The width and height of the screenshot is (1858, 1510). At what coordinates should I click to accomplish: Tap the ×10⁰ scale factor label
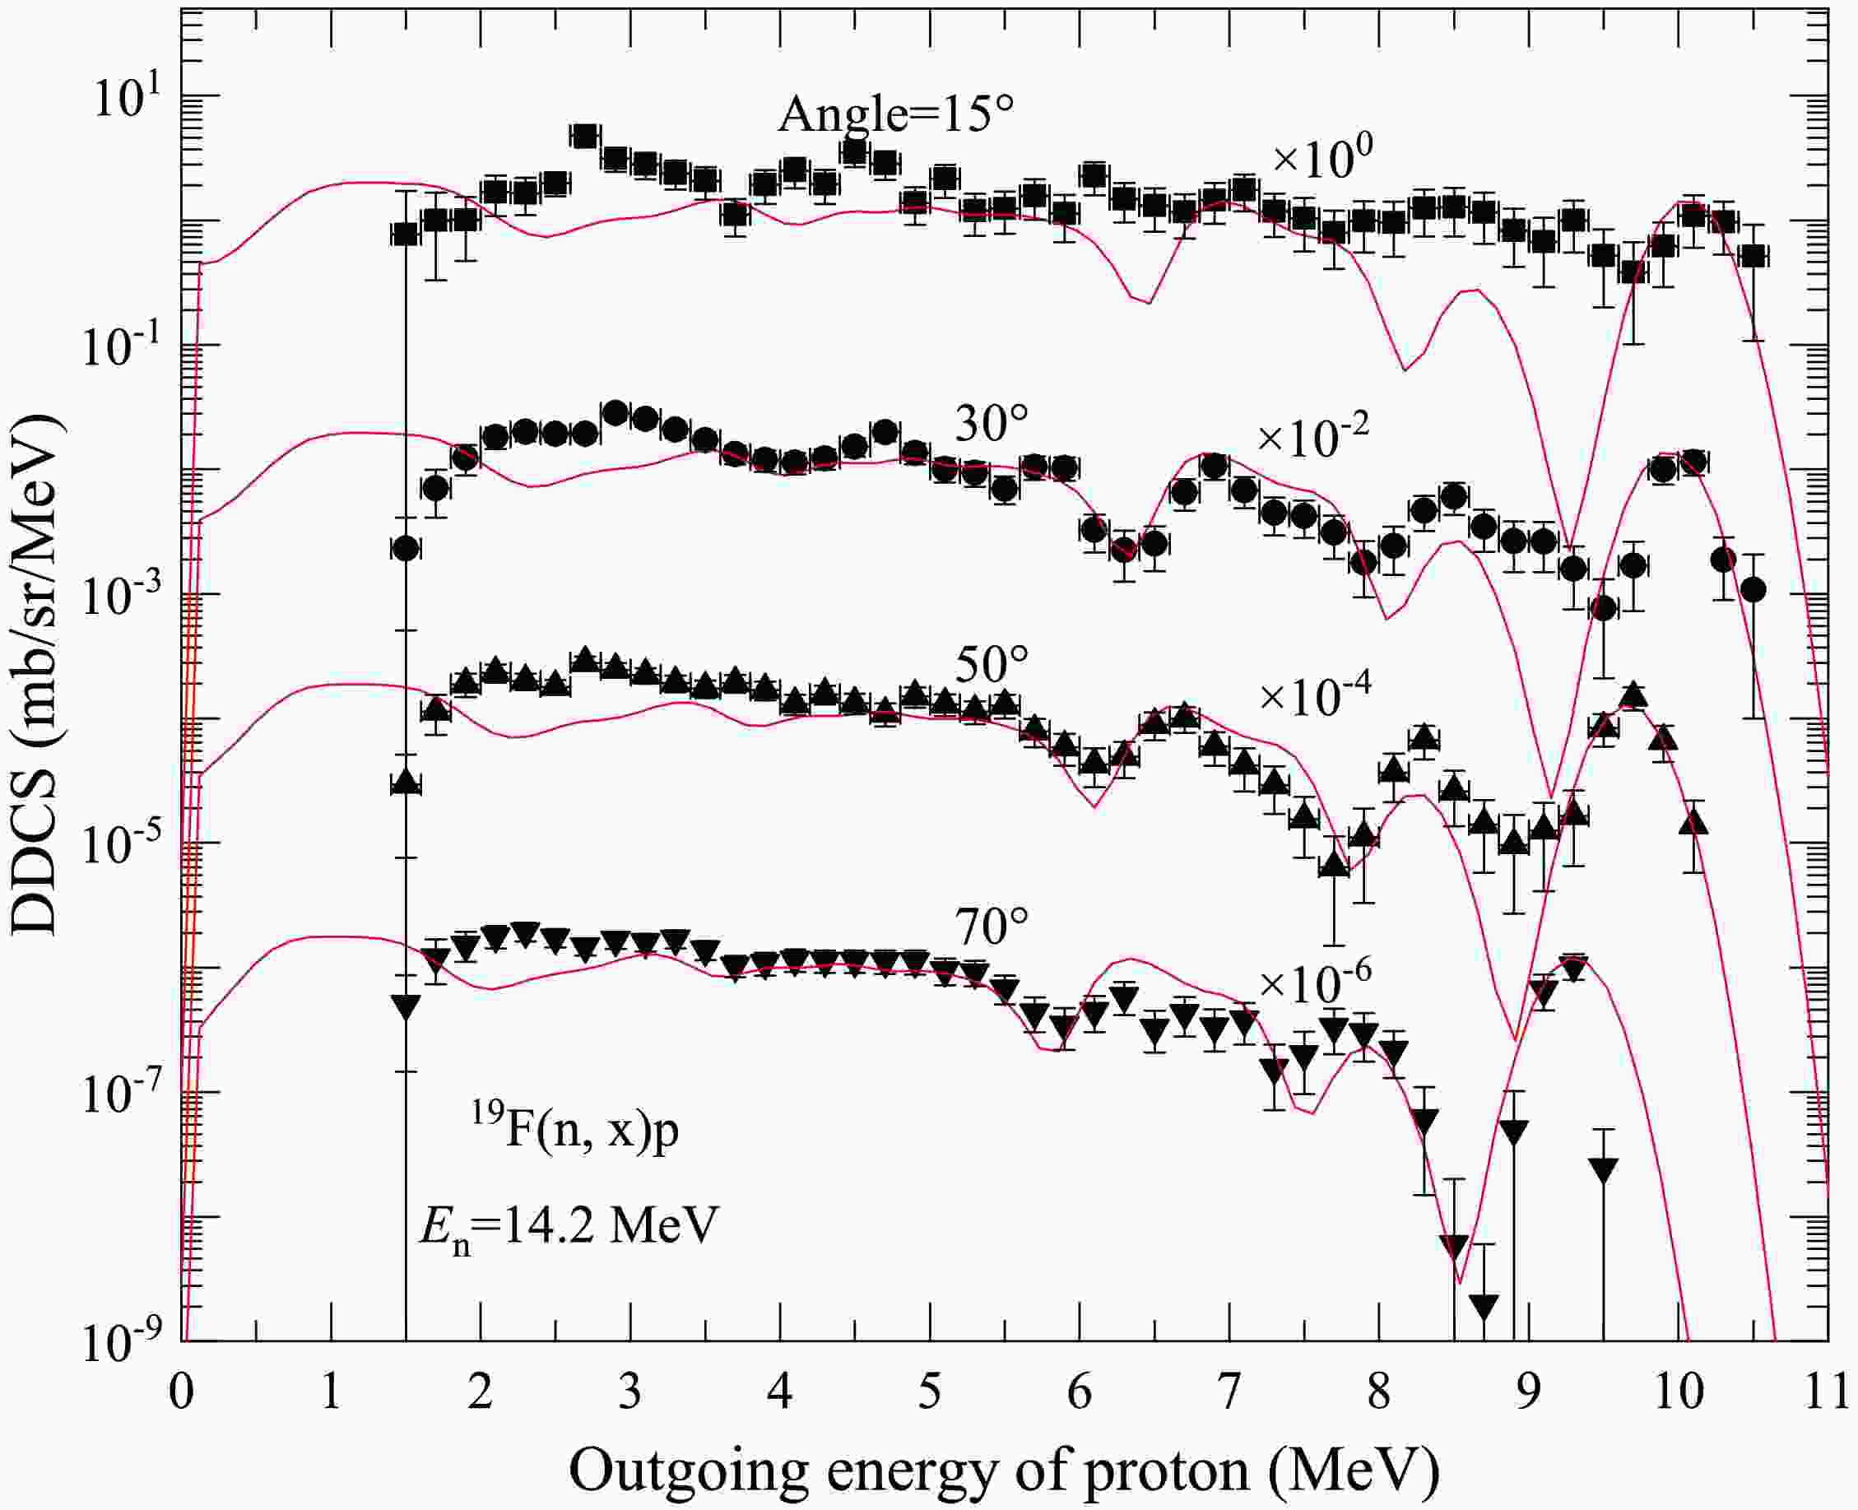tap(1322, 159)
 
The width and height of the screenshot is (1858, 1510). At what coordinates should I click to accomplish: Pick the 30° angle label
tap(992, 425)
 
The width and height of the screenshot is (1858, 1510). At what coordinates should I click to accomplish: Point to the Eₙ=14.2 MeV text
tap(569, 1229)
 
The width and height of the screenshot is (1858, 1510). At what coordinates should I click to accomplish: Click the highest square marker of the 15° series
tap(583, 136)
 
